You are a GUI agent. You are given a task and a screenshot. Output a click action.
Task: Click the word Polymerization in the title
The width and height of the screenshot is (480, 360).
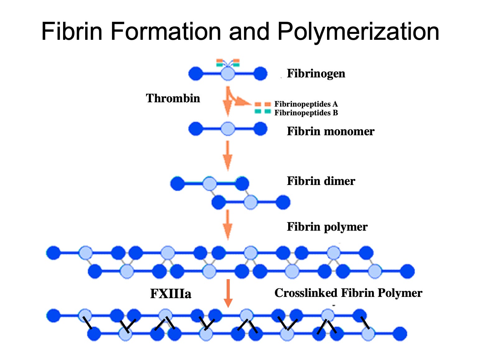358,32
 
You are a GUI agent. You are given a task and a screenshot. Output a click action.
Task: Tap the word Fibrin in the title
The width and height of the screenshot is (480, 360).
72,32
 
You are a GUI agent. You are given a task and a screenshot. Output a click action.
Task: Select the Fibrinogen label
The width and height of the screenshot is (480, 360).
316,74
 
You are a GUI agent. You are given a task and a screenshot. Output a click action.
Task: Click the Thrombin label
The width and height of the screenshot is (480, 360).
173,98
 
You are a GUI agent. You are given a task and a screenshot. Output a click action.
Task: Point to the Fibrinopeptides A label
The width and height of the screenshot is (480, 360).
306,104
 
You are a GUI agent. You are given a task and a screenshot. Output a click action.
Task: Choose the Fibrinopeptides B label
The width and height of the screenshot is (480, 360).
306,113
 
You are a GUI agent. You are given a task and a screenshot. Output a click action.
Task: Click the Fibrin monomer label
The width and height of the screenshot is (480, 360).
330,131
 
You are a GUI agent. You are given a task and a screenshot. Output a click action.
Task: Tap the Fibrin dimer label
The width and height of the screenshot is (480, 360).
321,181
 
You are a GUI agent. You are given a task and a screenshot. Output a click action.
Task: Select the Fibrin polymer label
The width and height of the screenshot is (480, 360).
327,227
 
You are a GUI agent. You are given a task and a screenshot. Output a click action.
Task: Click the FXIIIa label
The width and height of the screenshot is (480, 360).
170,294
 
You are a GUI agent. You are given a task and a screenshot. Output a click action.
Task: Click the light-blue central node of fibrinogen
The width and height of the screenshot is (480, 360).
228,74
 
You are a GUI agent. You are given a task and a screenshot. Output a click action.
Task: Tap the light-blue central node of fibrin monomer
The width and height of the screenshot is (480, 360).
228,129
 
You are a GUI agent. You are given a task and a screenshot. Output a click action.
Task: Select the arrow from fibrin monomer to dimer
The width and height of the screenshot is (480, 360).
228,155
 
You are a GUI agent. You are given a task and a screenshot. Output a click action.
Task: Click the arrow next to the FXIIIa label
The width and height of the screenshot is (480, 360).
228,293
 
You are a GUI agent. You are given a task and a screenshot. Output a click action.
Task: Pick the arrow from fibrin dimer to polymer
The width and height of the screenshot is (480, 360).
228,224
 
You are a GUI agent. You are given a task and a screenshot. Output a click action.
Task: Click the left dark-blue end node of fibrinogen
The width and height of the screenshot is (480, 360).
196,74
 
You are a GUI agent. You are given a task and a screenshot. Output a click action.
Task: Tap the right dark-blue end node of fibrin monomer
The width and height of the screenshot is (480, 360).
260,129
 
